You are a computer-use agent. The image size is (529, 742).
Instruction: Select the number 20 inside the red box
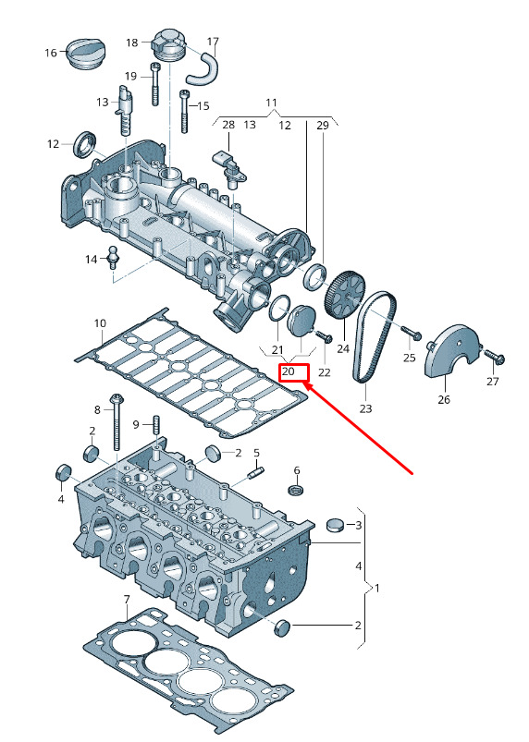point(288,371)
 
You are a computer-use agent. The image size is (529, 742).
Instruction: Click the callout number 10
point(100,323)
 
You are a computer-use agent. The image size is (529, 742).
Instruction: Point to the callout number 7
point(127,600)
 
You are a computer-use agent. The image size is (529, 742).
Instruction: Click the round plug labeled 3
point(337,525)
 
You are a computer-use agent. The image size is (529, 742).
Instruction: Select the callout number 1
point(377,589)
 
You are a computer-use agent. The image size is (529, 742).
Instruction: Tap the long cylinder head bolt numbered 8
point(117,421)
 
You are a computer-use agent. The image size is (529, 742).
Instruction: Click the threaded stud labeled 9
point(154,426)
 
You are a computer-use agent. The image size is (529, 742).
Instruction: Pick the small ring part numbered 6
point(296,490)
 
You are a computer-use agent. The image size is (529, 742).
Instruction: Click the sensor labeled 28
point(230,169)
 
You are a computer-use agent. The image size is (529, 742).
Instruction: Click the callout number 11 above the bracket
point(271,103)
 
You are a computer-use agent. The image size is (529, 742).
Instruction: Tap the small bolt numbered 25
point(412,333)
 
